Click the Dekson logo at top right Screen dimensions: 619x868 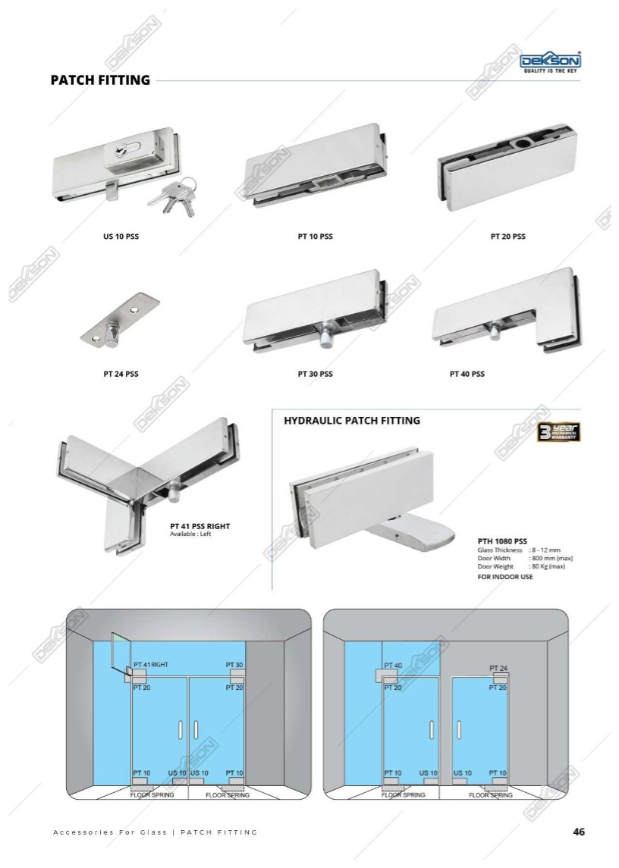click(550, 63)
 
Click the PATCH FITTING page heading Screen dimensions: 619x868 click(100, 80)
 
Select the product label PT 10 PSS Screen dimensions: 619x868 click(316, 237)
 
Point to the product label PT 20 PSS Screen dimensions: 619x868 click(508, 237)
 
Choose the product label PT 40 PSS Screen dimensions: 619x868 click(467, 374)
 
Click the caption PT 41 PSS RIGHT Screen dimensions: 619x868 click(200, 526)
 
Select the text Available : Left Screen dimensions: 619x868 click(190, 534)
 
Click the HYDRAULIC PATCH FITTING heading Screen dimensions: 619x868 click(352, 421)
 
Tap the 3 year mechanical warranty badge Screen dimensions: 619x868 click(558, 432)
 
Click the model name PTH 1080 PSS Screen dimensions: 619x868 click(502, 541)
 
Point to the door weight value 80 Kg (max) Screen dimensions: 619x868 click(548, 567)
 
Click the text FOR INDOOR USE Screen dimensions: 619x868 click(505, 577)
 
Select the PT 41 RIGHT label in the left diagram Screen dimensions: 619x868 click(151, 664)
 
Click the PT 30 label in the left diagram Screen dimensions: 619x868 click(234, 664)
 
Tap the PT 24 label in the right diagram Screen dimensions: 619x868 click(498, 668)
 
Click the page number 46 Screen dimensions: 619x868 click(579, 832)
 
